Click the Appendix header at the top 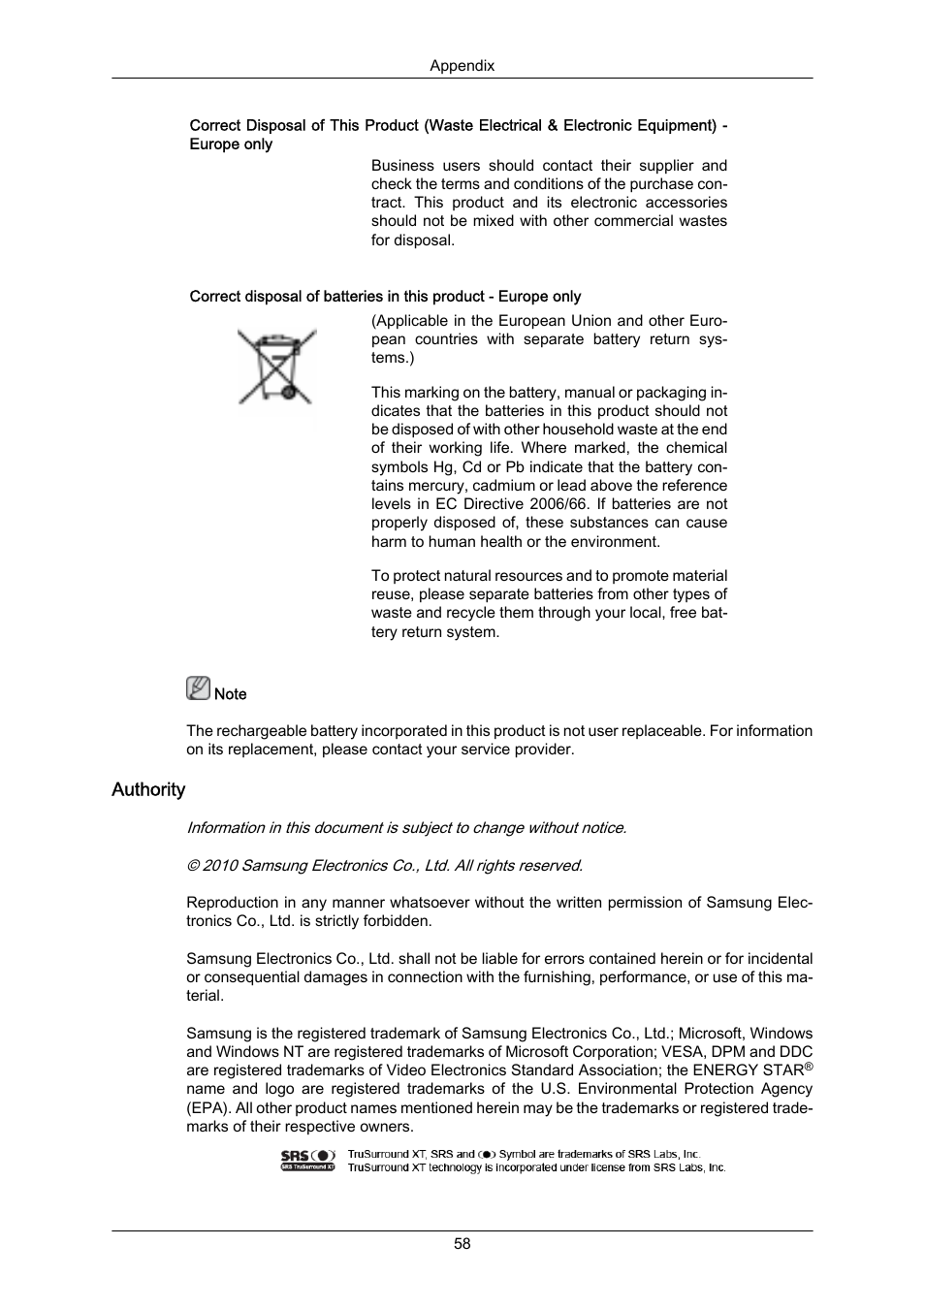(462, 66)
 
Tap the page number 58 (462, 1243)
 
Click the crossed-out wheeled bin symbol (277, 367)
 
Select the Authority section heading (148, 789)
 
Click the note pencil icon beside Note (198, 688)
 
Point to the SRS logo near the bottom (308, 1161)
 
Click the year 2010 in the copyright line (220, 865)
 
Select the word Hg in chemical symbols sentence (447, 467)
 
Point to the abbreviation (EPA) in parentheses (207, 1107)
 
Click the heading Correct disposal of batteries (385, 297)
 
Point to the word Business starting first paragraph (402, 166)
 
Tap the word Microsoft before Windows (712, 1034)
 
